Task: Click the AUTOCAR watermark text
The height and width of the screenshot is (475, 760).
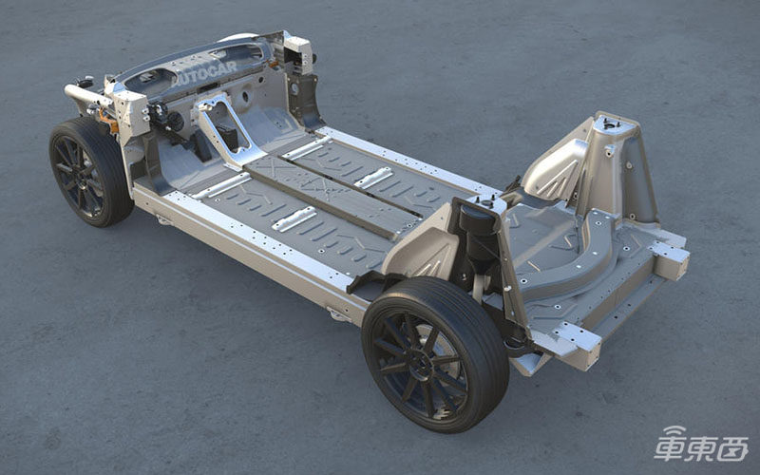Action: click(205, 73)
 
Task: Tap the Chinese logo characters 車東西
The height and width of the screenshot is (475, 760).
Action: click(700, 448)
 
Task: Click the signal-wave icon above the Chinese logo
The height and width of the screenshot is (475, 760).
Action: click(674, 432)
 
